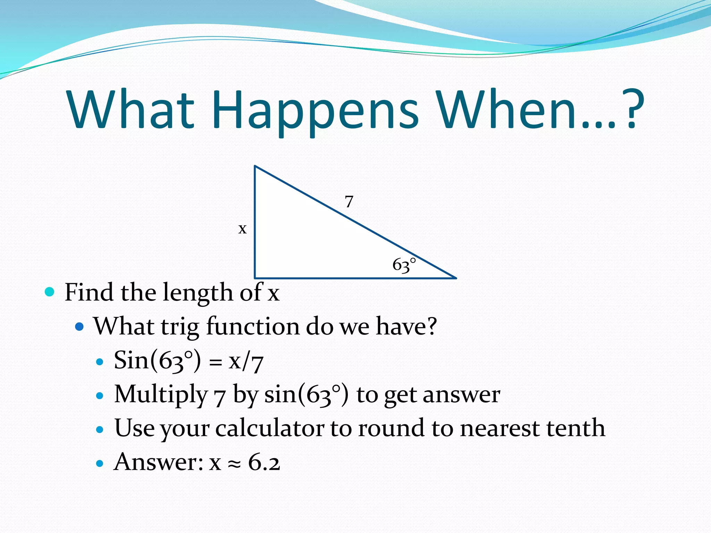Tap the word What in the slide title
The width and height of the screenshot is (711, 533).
coord(130,110)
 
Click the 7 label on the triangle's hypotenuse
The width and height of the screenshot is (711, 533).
coord(349,202)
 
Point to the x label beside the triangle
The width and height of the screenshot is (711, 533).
coord(242,229)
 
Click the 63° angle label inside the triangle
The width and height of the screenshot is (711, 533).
coord(404,265)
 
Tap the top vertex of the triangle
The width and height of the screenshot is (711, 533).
coord(255,167)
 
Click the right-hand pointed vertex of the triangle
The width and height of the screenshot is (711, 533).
coord(455,278)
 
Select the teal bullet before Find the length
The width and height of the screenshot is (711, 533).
coord(50,291)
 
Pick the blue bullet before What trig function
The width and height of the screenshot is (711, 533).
coord(80,326)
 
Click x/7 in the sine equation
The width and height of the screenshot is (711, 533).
coord(246,361)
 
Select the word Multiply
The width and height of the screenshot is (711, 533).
coord(161,395)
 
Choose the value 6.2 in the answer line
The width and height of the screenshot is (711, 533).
coord(264,462)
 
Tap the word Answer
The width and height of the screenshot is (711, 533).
coord(158,462)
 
